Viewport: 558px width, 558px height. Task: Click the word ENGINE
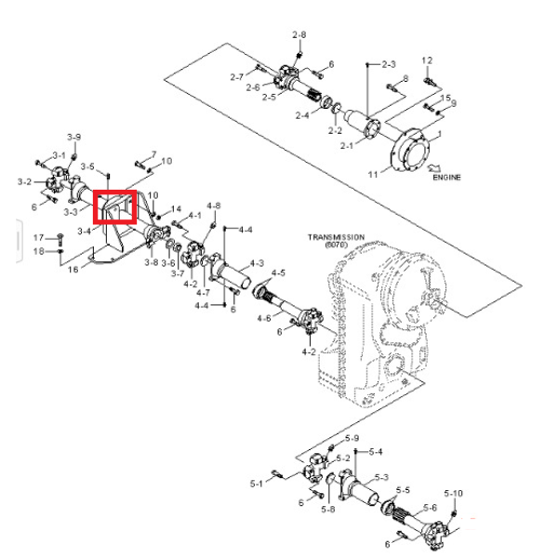tap(446, 177)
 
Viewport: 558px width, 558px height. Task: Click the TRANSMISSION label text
tap(336, 237)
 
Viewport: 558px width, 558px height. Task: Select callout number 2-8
tap(299, 35)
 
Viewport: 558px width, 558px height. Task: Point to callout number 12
tap(427, 60)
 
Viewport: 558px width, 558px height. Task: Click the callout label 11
tap(373, 175)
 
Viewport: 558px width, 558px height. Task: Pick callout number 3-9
tap(74, 137)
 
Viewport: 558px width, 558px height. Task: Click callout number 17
tap(38, 237)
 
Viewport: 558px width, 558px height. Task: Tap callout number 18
tap(38, 251)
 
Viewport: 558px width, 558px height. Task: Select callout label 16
tap(73, 270)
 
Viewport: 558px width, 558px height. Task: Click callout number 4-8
tap(214, 206)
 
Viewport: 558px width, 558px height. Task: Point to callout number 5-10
tap(454, 493)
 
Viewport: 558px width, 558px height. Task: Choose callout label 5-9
tap(352, 438)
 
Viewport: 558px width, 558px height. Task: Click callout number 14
tap(176, 209)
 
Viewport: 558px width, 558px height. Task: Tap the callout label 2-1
tap(347, 146)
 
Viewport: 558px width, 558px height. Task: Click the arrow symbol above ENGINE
tap(434, 167)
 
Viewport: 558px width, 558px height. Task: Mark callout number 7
tap(153, 154)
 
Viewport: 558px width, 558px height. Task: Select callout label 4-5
tap(278, 272)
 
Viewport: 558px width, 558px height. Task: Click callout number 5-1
tap(257, 484)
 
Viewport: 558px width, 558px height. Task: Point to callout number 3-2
tap(24, 181)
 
